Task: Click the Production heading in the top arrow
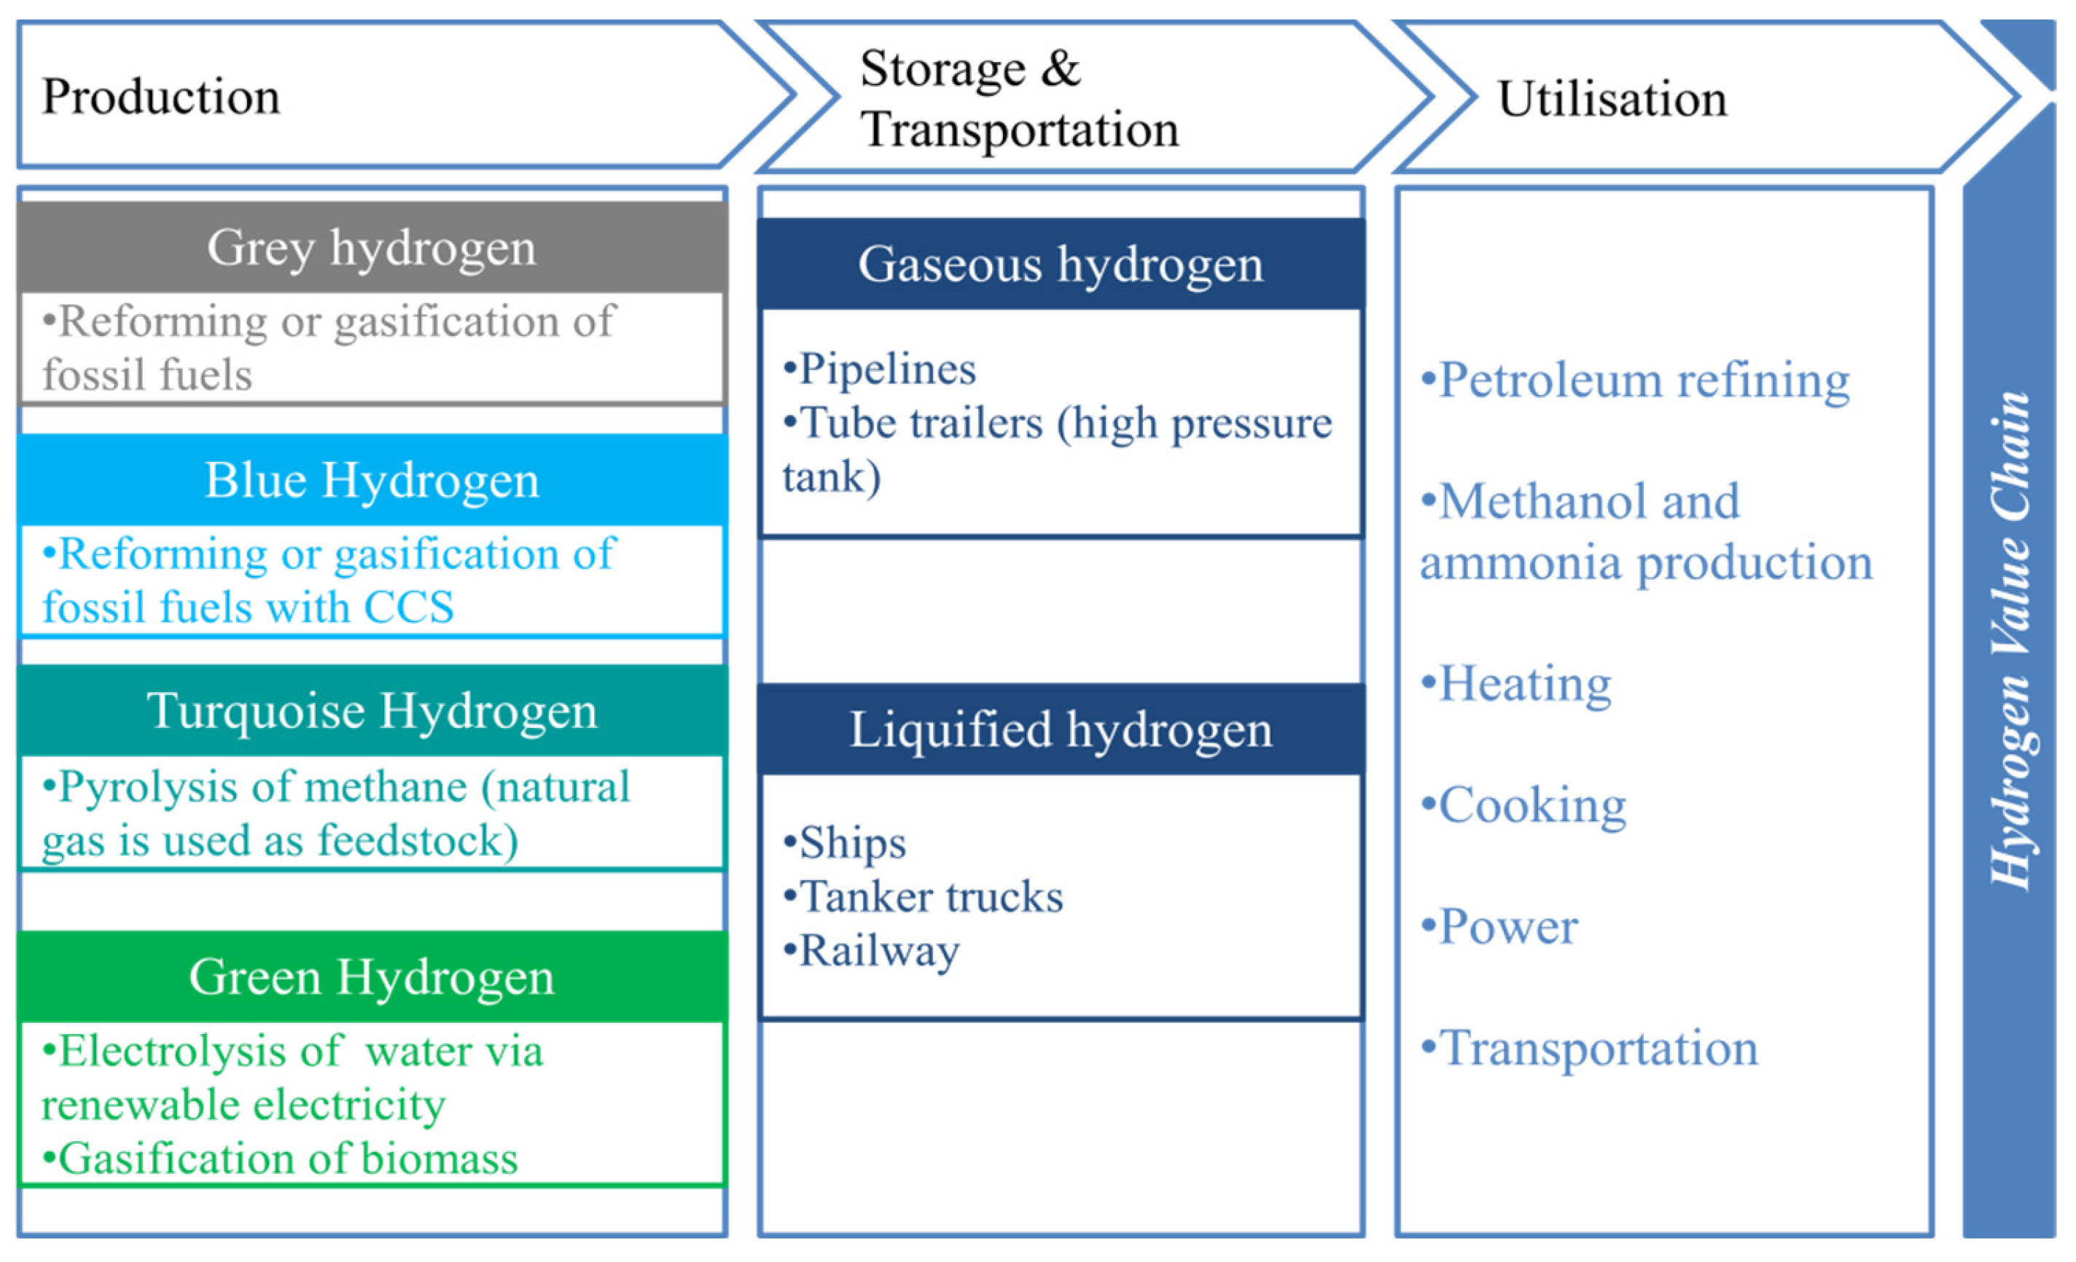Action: [x=160, y=96]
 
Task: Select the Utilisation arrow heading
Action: [x=1611, y=98]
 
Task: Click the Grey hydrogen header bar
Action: [x=372, y=247]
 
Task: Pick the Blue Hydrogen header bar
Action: [x=372, y=479]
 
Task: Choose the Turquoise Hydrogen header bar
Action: [x=372, y=710]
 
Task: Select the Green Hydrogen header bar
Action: [x=372, y=976]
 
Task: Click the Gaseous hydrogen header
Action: [x=1060, y=264]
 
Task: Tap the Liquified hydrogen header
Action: [x=1060, y=729]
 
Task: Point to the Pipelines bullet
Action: [x=881, y=369]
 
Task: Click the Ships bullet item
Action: [x=846, y=842]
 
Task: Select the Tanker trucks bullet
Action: [x=924, y=896]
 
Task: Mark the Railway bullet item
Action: [x=873, y=951]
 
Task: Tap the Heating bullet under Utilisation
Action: [x=1517, y=683]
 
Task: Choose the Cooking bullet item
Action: [x=1524, y=805]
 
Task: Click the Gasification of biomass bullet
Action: [x=281, y=1159]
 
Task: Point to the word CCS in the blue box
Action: [x=409, y=608]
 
